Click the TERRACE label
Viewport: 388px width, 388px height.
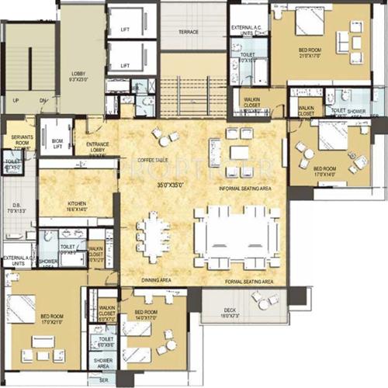(189, 33)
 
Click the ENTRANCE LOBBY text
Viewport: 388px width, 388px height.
(96, 147)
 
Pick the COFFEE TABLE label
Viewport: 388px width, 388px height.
(154, 159)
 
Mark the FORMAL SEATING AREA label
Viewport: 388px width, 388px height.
(248, 281)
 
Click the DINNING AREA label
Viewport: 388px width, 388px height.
(156, 280)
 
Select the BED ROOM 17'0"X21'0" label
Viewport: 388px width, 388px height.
(52, 319)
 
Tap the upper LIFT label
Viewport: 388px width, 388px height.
(125, 30)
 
